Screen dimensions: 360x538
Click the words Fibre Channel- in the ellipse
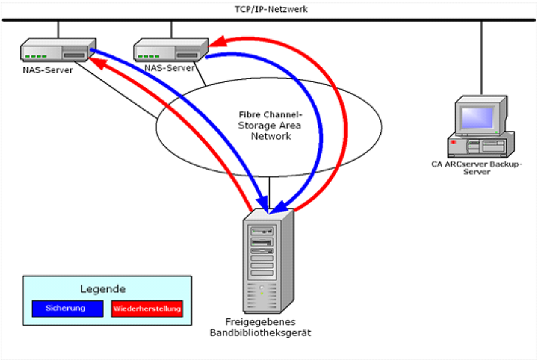tap(269, 114)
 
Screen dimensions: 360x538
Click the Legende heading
tap(103, 288)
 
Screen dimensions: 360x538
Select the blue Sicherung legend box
tap(66, 308)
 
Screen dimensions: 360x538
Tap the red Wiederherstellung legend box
tap(146, 308)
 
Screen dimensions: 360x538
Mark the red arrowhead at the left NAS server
tap(95, 62)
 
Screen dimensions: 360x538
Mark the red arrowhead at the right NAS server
tap(219, 42)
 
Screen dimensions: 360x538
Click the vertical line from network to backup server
tap(482, 59)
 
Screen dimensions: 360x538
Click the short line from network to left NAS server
tap(58, 32)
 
